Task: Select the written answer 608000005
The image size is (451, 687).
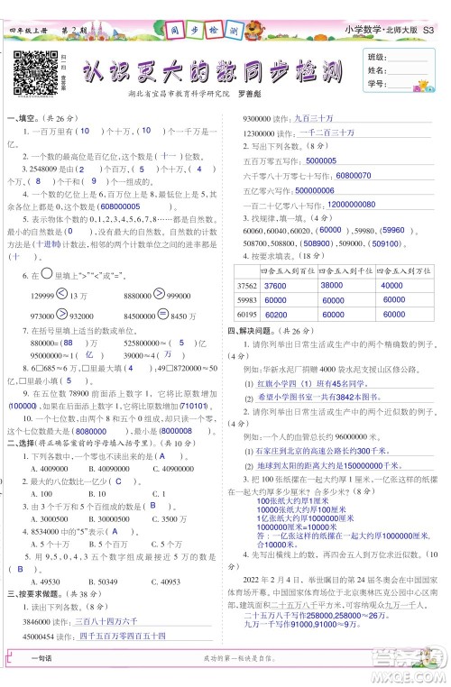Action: [128, 206]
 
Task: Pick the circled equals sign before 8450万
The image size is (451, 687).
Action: [162, 314]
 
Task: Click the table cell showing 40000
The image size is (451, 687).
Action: [392, 283]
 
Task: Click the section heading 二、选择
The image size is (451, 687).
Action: [22, 468]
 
